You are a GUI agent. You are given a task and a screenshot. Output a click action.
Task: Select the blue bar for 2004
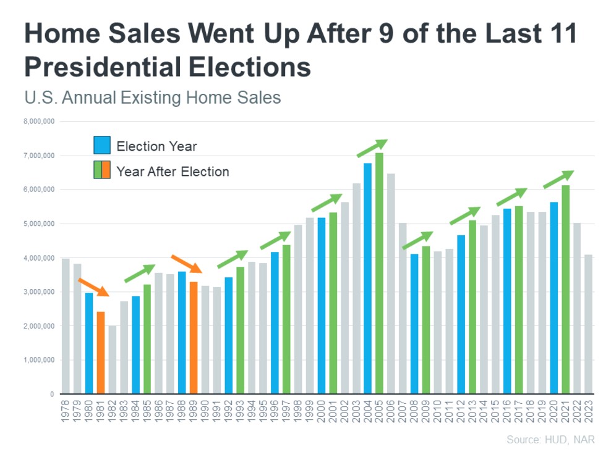[368, 278]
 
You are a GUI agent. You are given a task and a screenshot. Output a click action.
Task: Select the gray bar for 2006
[391, 283]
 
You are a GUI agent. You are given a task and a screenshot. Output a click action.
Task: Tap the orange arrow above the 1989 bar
[186, 263]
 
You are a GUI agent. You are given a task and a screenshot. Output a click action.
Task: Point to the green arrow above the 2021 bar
[558, 179]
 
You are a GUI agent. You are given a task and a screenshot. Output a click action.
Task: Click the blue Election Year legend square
[102, 145]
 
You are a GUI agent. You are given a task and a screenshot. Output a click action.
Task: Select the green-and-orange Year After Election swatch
[102, 170]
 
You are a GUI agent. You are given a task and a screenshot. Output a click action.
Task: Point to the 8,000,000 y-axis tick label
[39, 121]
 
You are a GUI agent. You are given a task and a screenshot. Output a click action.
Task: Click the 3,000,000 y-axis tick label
[39, 291]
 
